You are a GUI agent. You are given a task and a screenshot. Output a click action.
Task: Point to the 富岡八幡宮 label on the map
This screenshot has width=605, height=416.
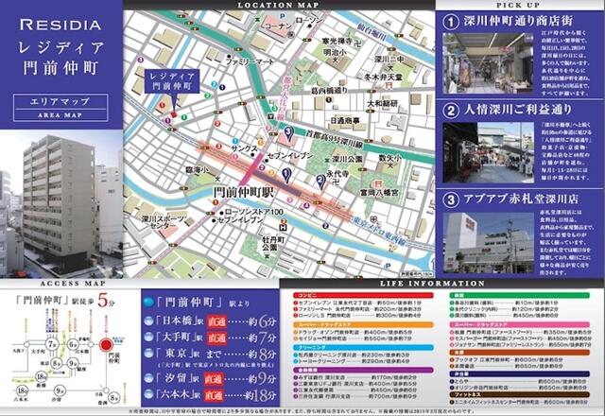[371, 190]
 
